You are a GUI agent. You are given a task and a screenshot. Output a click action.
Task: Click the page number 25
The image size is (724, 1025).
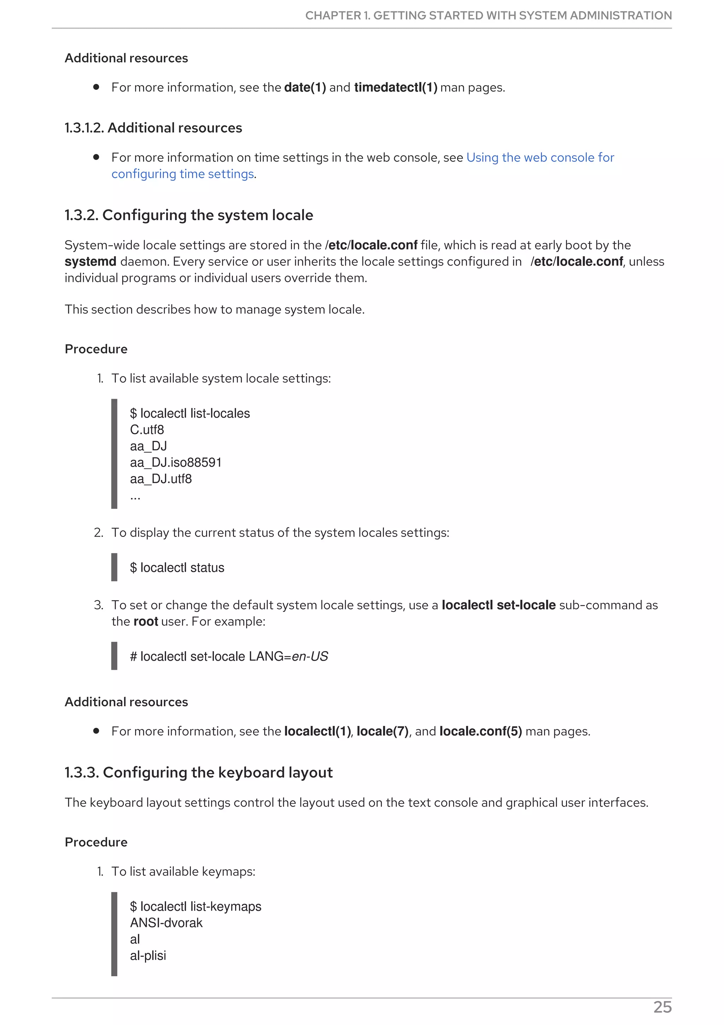pyautogui.click(x=662, y=1007)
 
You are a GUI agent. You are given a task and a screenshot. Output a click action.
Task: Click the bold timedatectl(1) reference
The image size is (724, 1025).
pyautogui.click(x=395, y=87)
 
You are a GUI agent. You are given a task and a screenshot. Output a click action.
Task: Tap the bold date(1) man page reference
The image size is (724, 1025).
pyautogui.click(x=305, y=87)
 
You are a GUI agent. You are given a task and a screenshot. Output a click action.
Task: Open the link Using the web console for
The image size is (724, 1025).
pyautogui.click(x=540, y=158)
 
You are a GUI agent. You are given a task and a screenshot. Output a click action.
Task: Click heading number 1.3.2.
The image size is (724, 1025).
pyautogui.click(x=81, y=215)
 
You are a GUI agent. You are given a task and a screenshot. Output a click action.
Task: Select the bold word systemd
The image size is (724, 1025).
pyautogui.click(x=90, y=262)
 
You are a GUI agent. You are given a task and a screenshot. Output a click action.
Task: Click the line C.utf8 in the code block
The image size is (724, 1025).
pyautogui.click(x=147, y=430)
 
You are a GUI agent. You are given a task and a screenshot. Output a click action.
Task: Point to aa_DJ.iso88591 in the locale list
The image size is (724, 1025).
pyautogui.click(x=175, y=463)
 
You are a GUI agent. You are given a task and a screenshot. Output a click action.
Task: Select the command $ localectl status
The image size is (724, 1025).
pyautogui.click(x=177, y=568)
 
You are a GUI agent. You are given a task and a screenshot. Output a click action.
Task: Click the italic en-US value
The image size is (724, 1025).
pyautogui.click(x=310, y=657)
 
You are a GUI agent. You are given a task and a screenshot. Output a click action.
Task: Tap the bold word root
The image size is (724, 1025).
pyautogui.click(x=145, y=621)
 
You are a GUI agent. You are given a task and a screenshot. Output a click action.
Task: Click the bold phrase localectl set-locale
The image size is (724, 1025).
pyautogui.click(x=498, y=606)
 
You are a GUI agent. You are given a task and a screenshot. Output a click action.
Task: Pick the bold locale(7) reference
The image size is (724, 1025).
pyautogui.click(x=382, y=731)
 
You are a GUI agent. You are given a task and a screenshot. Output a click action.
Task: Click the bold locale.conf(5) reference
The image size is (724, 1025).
pyautogui.click(x=480, y=731)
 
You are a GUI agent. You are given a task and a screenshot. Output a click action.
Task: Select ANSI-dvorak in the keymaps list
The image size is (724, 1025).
pyautogui.click(x=166, y=923)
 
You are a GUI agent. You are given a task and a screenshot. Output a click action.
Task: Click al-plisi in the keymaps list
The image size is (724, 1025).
pyautogui.click(x=148, y=955)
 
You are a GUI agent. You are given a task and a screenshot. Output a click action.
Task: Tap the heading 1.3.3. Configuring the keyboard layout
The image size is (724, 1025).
pyautogui.click(x=199, y=772)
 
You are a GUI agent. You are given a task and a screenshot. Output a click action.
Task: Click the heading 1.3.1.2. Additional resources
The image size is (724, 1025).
pyautogui.click(x=153, y=128)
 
